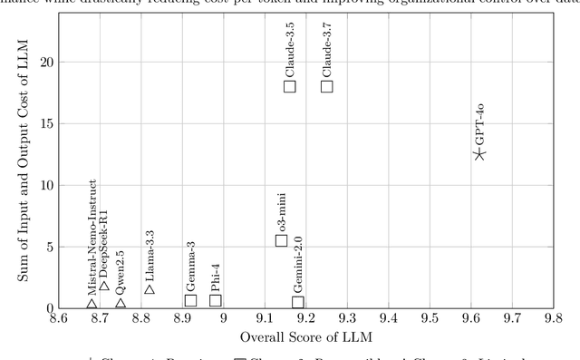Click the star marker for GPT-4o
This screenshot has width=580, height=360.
pyautogui.click(x=479, y=154)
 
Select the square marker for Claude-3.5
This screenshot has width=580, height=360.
pyautogui.click(x=290, y=86)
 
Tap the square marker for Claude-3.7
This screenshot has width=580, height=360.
pyautogui.click(x=327, y=86)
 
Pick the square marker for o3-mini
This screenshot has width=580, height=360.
pyautogui.click(x=282, y=240)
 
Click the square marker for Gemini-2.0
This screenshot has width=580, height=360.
pyautogui.click(x=298, y=302)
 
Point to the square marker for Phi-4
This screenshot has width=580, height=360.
pyautogui.click(x=216, y=300)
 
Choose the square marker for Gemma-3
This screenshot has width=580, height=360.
pyautogui.click(x=190, y=300)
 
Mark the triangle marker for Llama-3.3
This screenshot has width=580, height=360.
pyautogui.click(x=150, y=288)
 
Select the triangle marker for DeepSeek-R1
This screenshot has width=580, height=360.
pyautogui.click(x=104, y=285)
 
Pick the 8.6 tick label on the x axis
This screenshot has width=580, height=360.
pyautogui.click(x=59, y=318)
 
